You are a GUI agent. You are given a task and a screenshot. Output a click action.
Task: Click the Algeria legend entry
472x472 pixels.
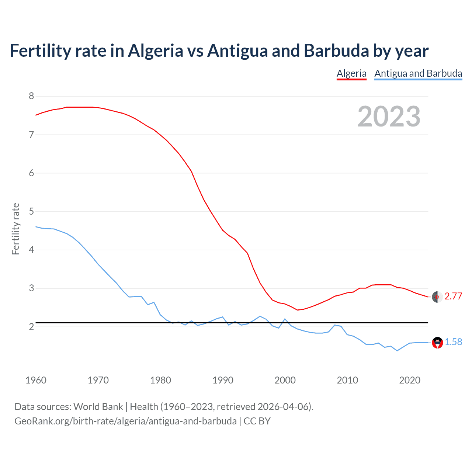pyautogui.click(x=351, y=73)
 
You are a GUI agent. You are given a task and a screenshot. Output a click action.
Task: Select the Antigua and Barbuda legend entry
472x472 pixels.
pyautogui.click(x=418, y=73)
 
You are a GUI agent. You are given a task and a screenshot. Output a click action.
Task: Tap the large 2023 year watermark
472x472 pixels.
pyautogui.click(x=389, y=117)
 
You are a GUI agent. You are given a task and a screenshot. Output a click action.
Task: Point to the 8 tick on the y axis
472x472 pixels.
pyautogui.click(x=31, y=96)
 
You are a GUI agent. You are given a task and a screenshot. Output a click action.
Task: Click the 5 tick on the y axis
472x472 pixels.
pyautogui.click(x=31, y=212)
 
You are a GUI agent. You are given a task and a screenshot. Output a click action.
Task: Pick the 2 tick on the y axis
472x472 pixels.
pyautogui.click(x=31, y=327)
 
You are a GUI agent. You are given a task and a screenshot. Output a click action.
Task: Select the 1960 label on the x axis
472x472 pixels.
pyautogui.click(x=36, y=380)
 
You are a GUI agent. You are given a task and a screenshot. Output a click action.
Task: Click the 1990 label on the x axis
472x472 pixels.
pyautogui.click(x=223, y=380)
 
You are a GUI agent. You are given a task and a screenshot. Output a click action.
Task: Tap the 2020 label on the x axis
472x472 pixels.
pyautogui.click(x=410, y=380)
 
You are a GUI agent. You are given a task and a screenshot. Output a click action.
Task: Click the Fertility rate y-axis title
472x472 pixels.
pyautogui.click(x=15, y=229)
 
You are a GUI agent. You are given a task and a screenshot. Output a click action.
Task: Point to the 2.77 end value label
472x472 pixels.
pyautogui.click(x=453, y=296)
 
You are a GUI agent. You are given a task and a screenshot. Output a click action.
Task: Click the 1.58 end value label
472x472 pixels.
pyautogui.click(x=453, y=342)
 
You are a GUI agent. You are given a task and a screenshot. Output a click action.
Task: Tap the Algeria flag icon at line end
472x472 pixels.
pyautogui.click(x=437, y=297)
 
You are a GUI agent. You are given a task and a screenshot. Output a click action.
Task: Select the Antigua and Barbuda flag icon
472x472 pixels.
pyautogui.click(x=437, y=343)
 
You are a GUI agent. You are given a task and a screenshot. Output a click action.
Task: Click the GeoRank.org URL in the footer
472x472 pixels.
pyautogui.click(x=125, y=421)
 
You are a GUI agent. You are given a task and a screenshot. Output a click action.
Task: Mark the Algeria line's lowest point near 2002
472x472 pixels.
pyautogui.click(x=297, y=310)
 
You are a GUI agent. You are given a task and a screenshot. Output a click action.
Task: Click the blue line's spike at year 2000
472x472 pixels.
pyautogui.click(x=285, y=319)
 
